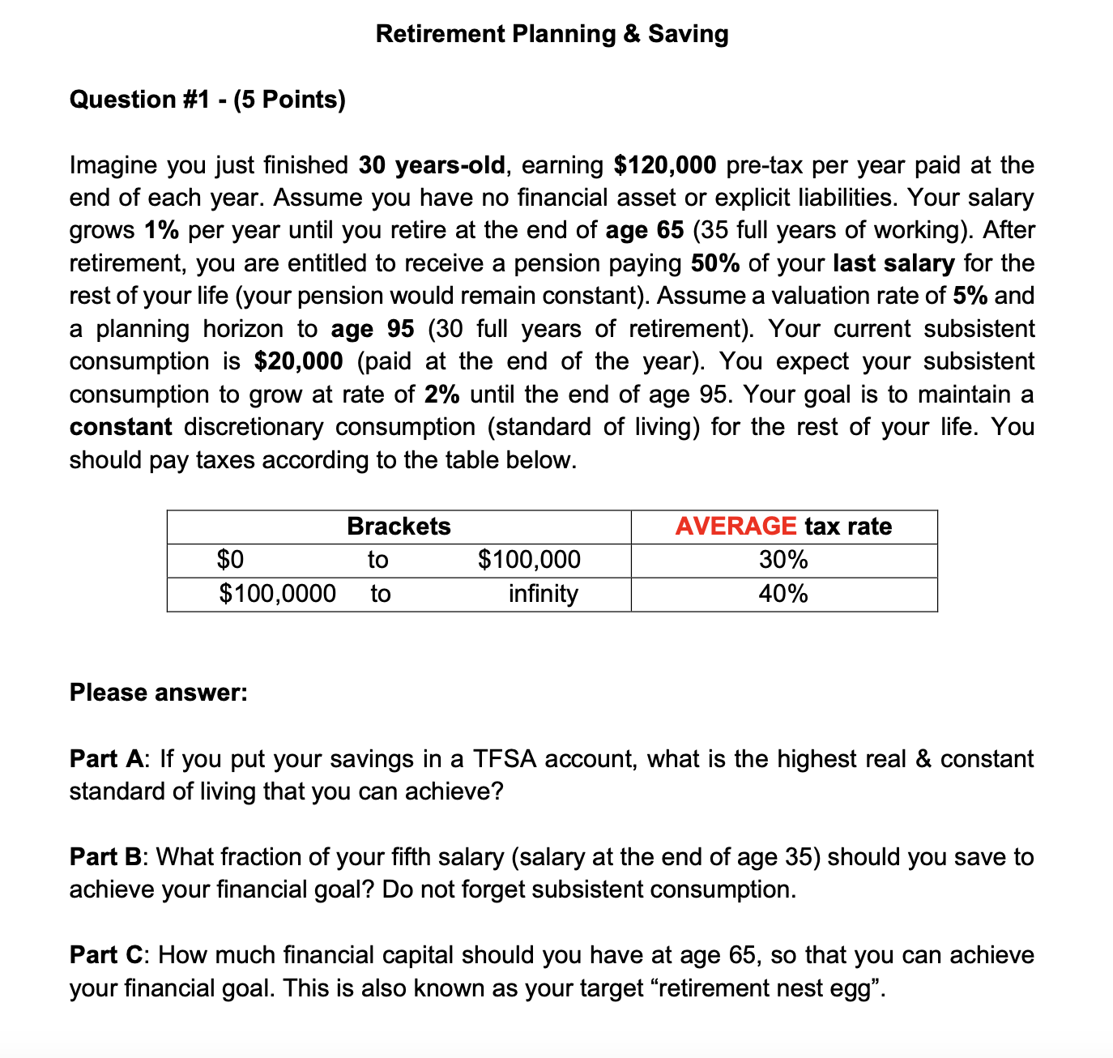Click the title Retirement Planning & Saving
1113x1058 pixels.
tap(552, 33)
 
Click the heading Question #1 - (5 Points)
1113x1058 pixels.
tap(207, 99)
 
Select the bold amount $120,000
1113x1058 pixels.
tap(664, 165)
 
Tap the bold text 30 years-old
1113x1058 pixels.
tap(432, 165)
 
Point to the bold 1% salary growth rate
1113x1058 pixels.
tap(162, 230)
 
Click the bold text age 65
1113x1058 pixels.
tap(644, 230)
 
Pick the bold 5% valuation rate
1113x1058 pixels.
tap(970, 296)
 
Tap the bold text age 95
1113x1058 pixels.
tap(373, 329)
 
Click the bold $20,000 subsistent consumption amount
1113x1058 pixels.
tap(298, 361)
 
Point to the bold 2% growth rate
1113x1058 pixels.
tap(442, 395)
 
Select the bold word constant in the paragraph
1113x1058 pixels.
tap(121, 427)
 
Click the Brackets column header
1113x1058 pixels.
tap(399, 527)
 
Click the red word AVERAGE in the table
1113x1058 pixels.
tap(736, 527)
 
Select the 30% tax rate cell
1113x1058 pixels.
tap(783, 560)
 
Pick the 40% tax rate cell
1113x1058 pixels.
tap(783, 594)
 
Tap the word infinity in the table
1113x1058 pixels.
tap(543, 594)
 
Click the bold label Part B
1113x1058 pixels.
tap(105, 857)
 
